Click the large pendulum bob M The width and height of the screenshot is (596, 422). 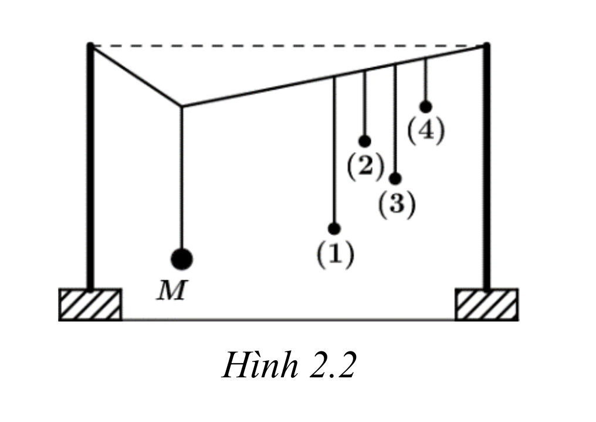coord(182,259)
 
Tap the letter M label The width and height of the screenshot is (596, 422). coord(172,290)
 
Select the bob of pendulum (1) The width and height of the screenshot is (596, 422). coord(334,229)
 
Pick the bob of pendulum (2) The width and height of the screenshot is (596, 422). coord(364,141)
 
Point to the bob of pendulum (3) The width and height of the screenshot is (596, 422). coord(395,178)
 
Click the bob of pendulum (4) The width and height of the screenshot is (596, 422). coord(426,107)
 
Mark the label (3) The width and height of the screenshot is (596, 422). coord(397,204)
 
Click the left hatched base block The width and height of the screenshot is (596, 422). coord(90,304)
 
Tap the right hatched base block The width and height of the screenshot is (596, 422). coord(486,304)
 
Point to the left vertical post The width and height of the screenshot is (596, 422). coord(90,166)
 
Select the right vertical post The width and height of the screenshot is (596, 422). coord(486,166)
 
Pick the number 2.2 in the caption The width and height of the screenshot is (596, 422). coord(333,365)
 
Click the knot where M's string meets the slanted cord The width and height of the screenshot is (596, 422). coord(181,106)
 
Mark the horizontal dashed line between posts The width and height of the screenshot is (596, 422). coord(288,46)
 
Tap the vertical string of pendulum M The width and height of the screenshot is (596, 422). coord(181,177)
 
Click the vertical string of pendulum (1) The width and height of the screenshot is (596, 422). coord(334,150)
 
